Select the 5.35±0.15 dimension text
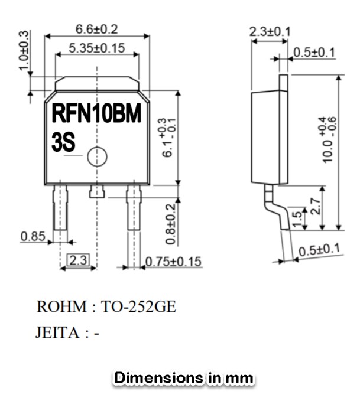(x=97, y=48)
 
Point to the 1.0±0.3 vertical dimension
(x=23, y=51)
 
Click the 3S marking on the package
(x=63, y=143)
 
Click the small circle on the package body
(x=96, y=157)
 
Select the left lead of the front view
(x=60, y=208)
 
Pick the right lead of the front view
(x=134, y=208)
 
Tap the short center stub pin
(x=96, y=192)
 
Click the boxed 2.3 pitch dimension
(x=79, y=260)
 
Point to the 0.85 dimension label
(x=33, y=236)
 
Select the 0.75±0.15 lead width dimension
(x=173, y=261)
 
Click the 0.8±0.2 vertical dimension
(x=170, y=224)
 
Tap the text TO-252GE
(x=138, y=307)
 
